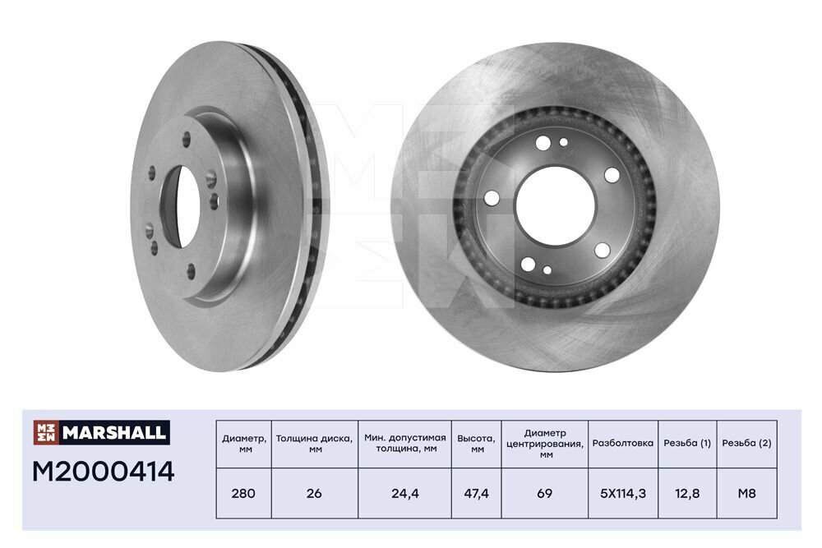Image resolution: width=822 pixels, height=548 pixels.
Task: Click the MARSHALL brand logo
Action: click(102, 433)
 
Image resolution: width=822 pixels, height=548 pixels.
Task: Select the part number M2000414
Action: click(104, 472)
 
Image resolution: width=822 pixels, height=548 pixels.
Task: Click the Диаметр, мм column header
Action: click(244, 443)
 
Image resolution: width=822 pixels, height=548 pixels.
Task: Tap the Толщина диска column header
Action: click(314, 443)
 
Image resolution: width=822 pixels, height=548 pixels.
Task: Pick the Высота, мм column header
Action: click(476, 443)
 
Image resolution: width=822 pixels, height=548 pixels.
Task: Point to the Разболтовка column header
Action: click(623, 443)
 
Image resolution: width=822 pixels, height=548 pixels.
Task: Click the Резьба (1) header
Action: click(687, 443)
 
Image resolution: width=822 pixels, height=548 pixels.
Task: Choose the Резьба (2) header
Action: click(746, 443)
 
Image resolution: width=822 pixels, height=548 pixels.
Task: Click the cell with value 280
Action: click(243, 494)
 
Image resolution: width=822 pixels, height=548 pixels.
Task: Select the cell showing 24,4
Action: click(405, 494)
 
